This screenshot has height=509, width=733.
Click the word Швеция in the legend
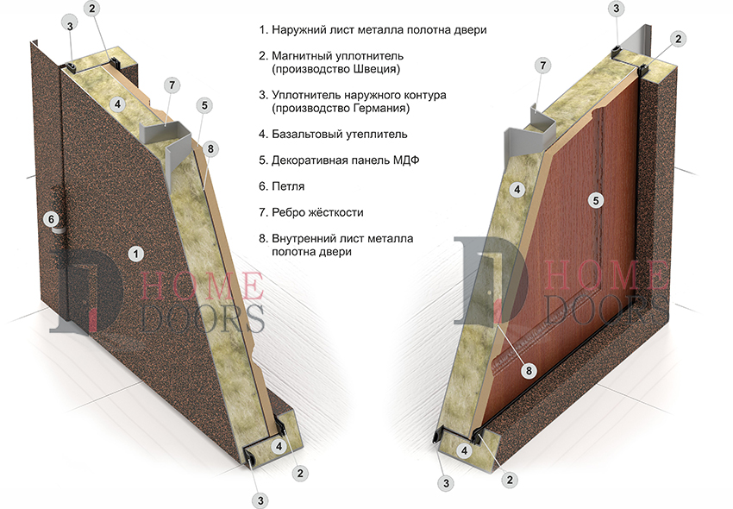coord(374,69)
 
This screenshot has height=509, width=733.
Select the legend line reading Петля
coord(282,186)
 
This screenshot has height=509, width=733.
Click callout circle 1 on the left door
coord(136,254)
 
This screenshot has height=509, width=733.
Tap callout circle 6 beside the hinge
coord(52,219)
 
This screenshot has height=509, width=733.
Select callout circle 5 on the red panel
coord(596,201)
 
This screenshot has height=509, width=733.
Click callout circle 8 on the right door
coord(529,370)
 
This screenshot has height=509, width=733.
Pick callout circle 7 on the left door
coord(172,85)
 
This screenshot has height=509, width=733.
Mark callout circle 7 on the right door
coord(542,66)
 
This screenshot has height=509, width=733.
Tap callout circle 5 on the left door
coord(204,105)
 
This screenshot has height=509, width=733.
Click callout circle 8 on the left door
coord(210,148)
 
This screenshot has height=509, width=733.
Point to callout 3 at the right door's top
coord(616,9)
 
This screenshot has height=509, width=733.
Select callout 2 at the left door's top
coord(91,9)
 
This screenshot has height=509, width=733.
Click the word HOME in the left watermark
coord(202,286)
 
